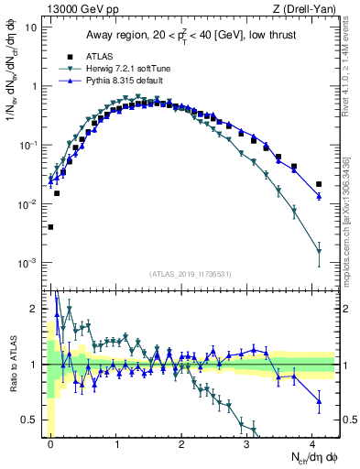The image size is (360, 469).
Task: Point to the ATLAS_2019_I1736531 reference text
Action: pos(191,273)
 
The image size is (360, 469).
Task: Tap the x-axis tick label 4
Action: pos(313,442)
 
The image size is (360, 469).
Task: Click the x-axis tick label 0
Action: pos(50,442)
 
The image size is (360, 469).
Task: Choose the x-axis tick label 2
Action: pos(182,442)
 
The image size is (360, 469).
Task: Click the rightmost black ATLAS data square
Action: pos(319,184)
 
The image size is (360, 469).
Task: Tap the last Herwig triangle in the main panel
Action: pos(319,251)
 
